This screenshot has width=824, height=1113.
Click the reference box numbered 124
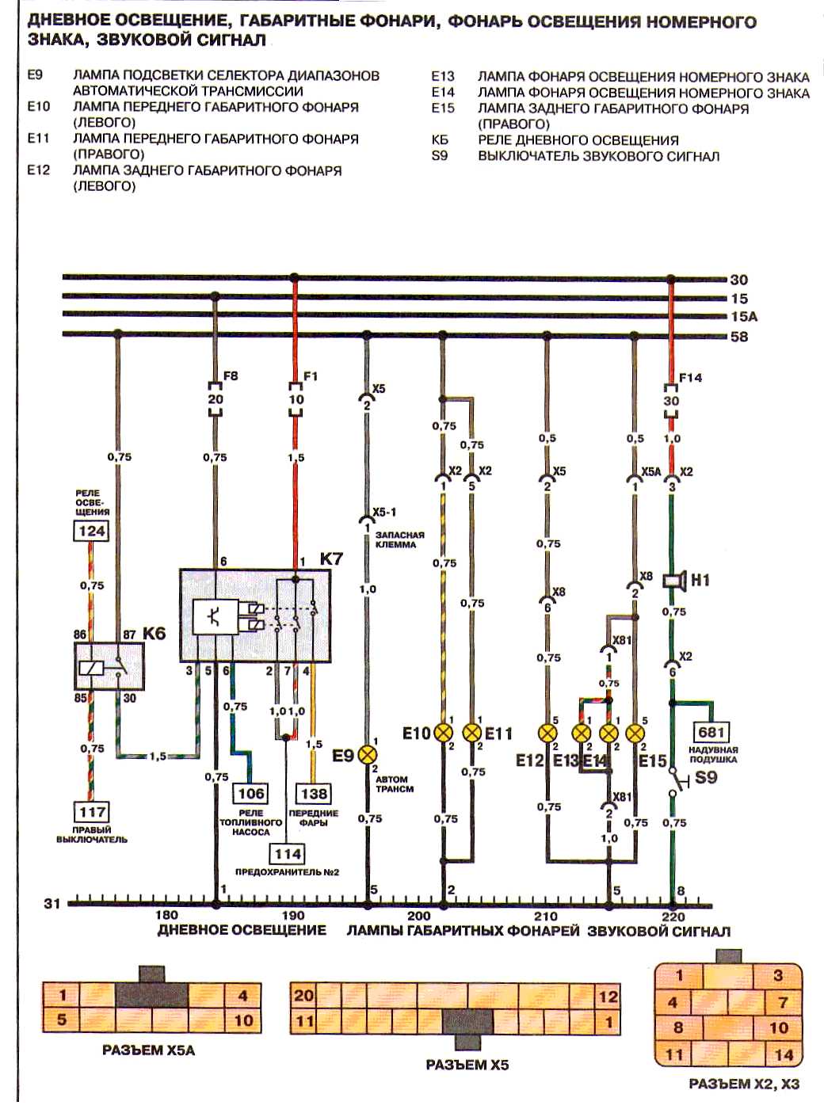pyautogui.click(x=91, y=531)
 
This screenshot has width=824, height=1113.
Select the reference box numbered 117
pyautogui.click(x=92, y=811)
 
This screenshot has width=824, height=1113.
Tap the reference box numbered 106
pyautogui.click(x=250, y=794)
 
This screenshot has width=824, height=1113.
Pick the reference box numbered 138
pyautogui.click(x=314, y=794)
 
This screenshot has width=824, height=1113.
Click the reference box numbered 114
pyautogui.click(x=288, y=854)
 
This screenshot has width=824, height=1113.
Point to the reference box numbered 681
pyautogui.click(x=711, y=732)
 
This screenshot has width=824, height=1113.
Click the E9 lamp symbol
pyautogui.click(x=368, y=755)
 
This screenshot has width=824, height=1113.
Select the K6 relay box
pyautogui.click(x=109, y=665)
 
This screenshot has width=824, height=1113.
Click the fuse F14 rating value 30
pyautogui.click(x=671, y=401)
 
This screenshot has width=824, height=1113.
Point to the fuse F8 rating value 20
pyautogui.click(x=216, y=399)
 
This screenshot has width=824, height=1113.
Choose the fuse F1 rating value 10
pyautogui.click(x=296, y=399)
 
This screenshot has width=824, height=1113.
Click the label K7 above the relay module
pyautogui.click(x=331, y=558)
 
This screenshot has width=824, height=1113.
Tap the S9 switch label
pyautogui.click(x=705, y=777)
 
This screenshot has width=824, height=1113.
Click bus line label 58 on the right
pyautogui.click(x=738, y=337)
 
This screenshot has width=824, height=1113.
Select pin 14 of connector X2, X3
pyautogui.click(x=784, y=1054)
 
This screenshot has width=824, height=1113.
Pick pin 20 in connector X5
pyautogui.click(x=304, y=996)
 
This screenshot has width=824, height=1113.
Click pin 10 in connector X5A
pyautogui.click(x=242, y=1020)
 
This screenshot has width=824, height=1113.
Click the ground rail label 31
pyautogui.click(x=52, y=903)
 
